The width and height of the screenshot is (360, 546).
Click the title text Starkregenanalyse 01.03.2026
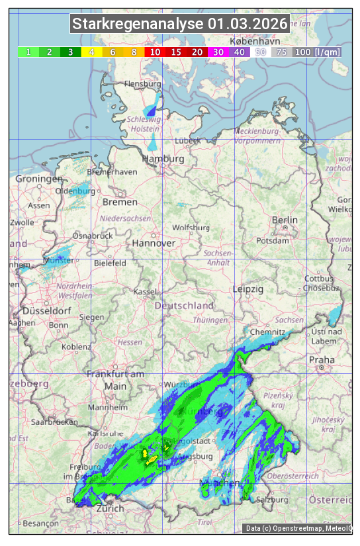(x=180, y=24)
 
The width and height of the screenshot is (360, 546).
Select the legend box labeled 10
(x=155, y=52)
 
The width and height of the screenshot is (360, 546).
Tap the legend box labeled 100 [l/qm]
(x=317, y=52)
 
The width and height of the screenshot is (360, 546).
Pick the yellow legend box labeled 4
(x=91, y=52)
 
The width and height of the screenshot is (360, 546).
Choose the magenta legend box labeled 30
(x=218, y=52)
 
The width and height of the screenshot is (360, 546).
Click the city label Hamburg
(x=163, y=159)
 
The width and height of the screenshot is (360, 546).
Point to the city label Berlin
(x=285, y=220)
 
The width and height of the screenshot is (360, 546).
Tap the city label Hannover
(x=154, y=243)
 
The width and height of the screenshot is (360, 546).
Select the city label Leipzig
(x=248, y=289)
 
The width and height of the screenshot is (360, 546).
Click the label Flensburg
(x=142, y=85)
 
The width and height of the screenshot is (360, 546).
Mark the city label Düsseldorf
(x=47, y=310)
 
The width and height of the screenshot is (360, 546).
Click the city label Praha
(x=322, y=359)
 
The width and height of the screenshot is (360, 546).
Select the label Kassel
(x=145, y=292)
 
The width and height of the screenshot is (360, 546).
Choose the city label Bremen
(x=120, y=202)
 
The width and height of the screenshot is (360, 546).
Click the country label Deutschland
(x=184, y=306)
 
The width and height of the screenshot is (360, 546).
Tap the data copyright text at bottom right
(x=298, y=528)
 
